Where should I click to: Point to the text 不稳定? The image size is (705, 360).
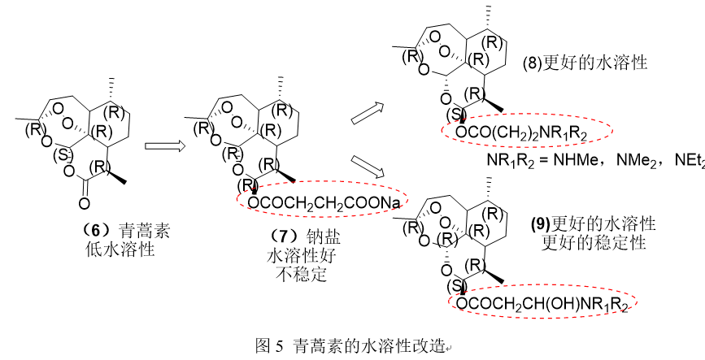pyautogui.click(x=301, y=274)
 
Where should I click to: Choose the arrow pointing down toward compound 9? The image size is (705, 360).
pyautogui.click(x=368, y=167)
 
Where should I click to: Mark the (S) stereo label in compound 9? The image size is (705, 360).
pyautogui.click(x=459, y=287)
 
